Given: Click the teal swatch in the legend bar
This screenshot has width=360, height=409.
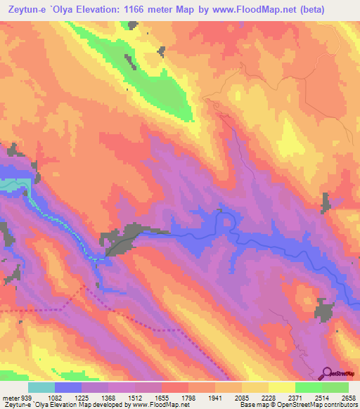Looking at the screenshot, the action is [41, 387].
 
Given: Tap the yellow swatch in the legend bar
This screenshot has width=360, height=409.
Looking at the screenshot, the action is [282, 387].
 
